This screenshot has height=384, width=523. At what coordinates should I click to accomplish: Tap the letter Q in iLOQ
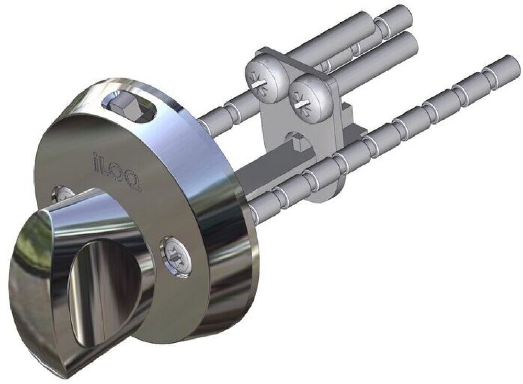[x=134, y=182]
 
